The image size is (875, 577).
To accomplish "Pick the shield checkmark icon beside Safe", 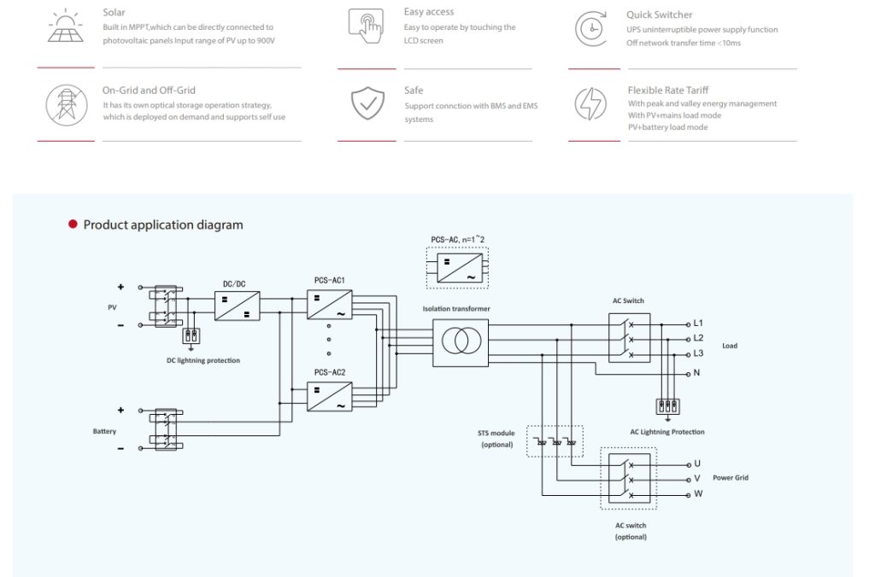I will coord(367,103).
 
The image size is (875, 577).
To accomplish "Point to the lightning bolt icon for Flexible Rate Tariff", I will coord(590,104).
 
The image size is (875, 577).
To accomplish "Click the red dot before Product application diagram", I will coord(73,224).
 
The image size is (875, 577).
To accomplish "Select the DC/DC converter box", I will coord(237,306).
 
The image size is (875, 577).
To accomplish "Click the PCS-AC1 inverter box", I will coord(329,305).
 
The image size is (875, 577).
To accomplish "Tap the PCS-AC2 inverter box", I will coord(329,397).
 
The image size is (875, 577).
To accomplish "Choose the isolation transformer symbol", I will coord(461,342).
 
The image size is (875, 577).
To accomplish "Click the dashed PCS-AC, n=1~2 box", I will coord(457,267).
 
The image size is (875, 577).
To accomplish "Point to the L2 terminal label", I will coord(698,339).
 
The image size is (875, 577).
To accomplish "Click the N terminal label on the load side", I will coord(697,374).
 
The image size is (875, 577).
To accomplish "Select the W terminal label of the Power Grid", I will coord(698,494).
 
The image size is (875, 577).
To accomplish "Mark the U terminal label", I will coord(697,464).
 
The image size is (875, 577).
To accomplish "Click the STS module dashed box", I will coord(555,441).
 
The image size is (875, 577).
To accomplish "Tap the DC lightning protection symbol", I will coord(191,335).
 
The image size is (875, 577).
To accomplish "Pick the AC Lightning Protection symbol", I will coord(667,406).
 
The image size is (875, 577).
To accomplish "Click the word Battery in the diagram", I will coord(104,431).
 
